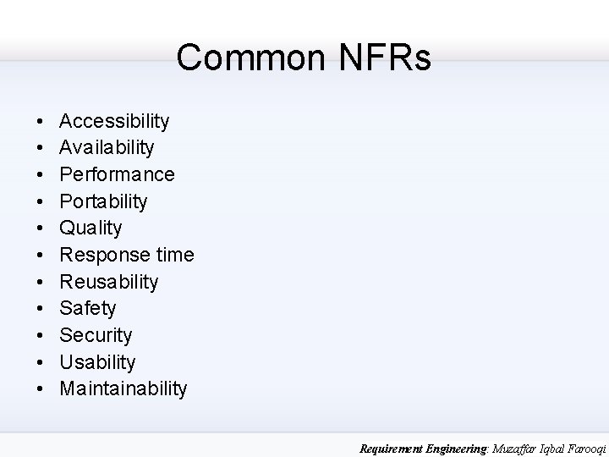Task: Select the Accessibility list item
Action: click(x=114, y=121)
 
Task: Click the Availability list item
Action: click(x=107, y=148)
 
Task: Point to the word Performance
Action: click(x=118, y=174)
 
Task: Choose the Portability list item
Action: click(x=104, y=201)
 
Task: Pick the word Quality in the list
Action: click(x=91, y=228)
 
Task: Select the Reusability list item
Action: click(x=109, y=282)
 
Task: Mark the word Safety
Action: click(x=88, y=308)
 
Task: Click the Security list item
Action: click(x=96, y=335)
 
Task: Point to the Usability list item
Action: click(x=98, y=362)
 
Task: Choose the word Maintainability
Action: click(x=123, y=388)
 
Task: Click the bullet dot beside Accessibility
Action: click(x=40, y=122)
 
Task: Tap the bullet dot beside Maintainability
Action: click(x=40, y=389)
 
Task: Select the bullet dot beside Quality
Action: click(x=40, y=228)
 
